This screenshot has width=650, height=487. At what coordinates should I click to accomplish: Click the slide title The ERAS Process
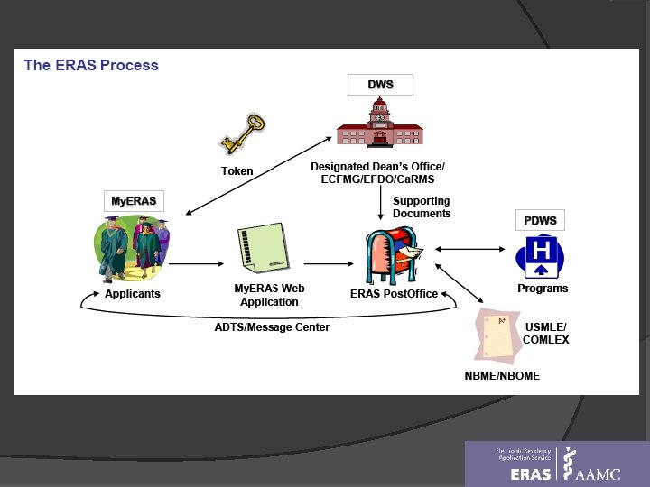click(90, 65)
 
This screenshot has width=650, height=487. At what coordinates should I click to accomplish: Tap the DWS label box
click(380, 85)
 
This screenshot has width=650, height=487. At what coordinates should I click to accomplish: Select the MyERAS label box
click(133, 200)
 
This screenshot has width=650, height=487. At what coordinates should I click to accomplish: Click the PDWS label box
click(540, 220)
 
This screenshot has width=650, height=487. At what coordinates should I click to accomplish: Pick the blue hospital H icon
click(542, 256)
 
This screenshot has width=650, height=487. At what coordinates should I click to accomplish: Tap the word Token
click(237, 171)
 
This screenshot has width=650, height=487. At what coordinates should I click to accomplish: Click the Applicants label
click(133, 294)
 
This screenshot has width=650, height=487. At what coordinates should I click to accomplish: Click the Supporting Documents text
click(422, 207)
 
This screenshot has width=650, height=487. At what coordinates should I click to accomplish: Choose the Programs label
click(543, 289)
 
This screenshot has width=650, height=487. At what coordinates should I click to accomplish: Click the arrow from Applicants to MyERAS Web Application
click(196, 263)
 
